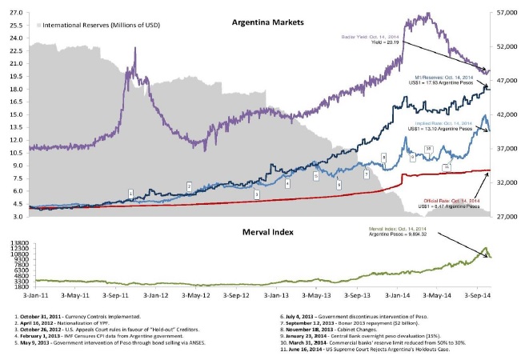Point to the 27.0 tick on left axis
click(16, 13)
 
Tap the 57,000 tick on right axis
click(506, 13)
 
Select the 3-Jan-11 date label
click(28, 295)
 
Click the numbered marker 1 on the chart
click(130, 192)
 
